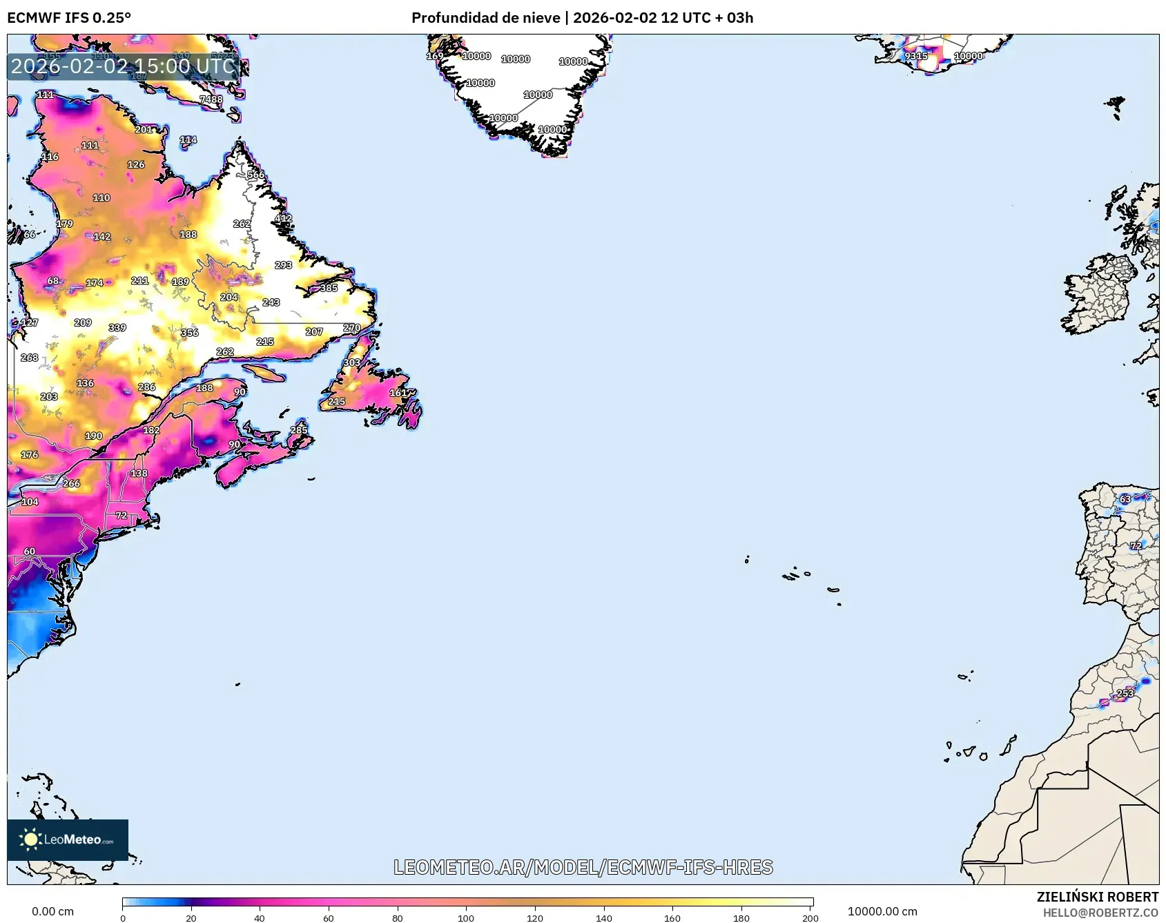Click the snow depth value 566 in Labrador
pyautogui.click(x=255, y=175)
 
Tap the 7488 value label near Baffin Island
pyautogui.click(x=211, y=99)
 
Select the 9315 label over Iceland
pyautogui.click(x=916, y=56)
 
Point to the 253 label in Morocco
pyautogui.click(x=1125, y=693)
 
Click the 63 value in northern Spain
pyautogui.click(x=1125, y=498)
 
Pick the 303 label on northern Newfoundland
pyautogui.click(x=351, y=362)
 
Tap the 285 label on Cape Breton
pyautogui.click(x=298, y=430)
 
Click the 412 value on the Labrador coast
pyautogui.click(x=283, y=218)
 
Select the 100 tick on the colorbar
pyautogui.click(x=466, y=917)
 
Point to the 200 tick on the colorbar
pyautogui.click(x=810, y=917)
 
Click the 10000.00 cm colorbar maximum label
pyautogui.click(x=882, y=911)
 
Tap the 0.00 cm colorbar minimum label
pyautogui.click(x=52, y=911)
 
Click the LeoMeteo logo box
pyautogui.click(x=68, y=839)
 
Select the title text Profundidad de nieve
pyautogui.click(x=485, y=18)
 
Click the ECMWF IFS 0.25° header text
pyautogui.click(x=69, y=18)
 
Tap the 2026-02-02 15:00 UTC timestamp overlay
pyautogui.click(x=124, y=66)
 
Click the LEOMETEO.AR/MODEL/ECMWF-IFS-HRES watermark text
pyautogui.click(x=583, y=867)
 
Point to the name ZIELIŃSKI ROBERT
pyautogui.click(x=1097, y=897)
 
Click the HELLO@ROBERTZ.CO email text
pyautogui.click(x=1100, y=913)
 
